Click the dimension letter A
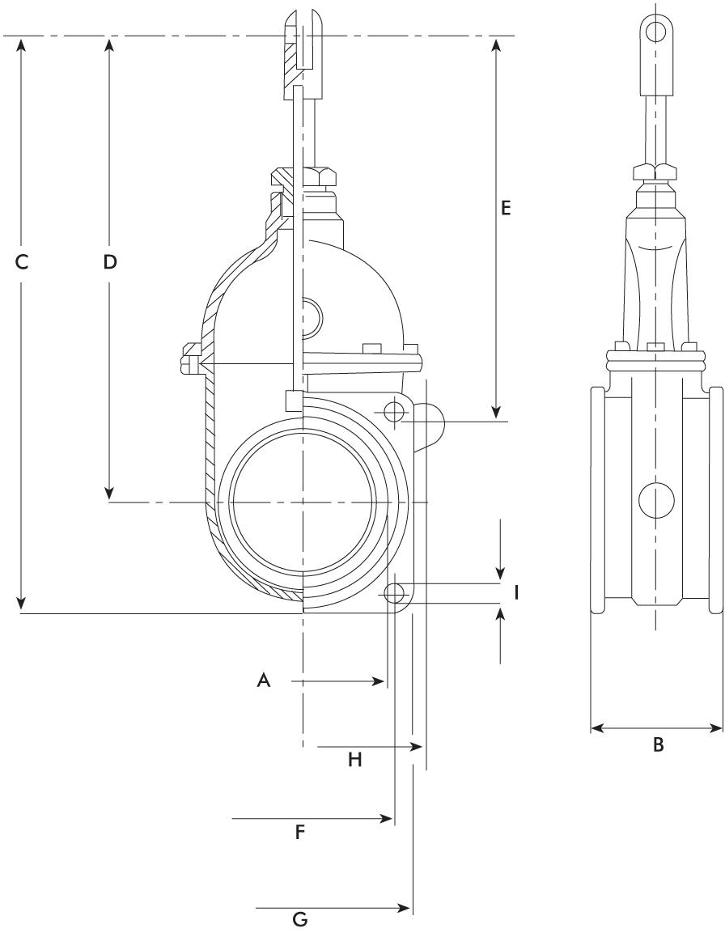coord(264,680)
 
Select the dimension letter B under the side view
coord(658,744)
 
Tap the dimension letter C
coord(22,261)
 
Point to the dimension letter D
coord(109,261)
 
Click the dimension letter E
coord(506,208)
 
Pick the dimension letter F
coord(300,832)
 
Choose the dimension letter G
coord(300,918)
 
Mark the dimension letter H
coord(355,760)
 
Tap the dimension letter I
coord(516,593)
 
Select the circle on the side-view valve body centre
coord(656,500)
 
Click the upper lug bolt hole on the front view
coord(395,412)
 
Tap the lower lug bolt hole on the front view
coord(394,594)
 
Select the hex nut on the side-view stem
coord(656,171)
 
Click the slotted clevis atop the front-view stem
coord(304,53)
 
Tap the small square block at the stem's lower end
coord(294,401)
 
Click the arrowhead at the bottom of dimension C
coord(22,601)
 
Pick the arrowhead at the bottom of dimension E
coord(495,413)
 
